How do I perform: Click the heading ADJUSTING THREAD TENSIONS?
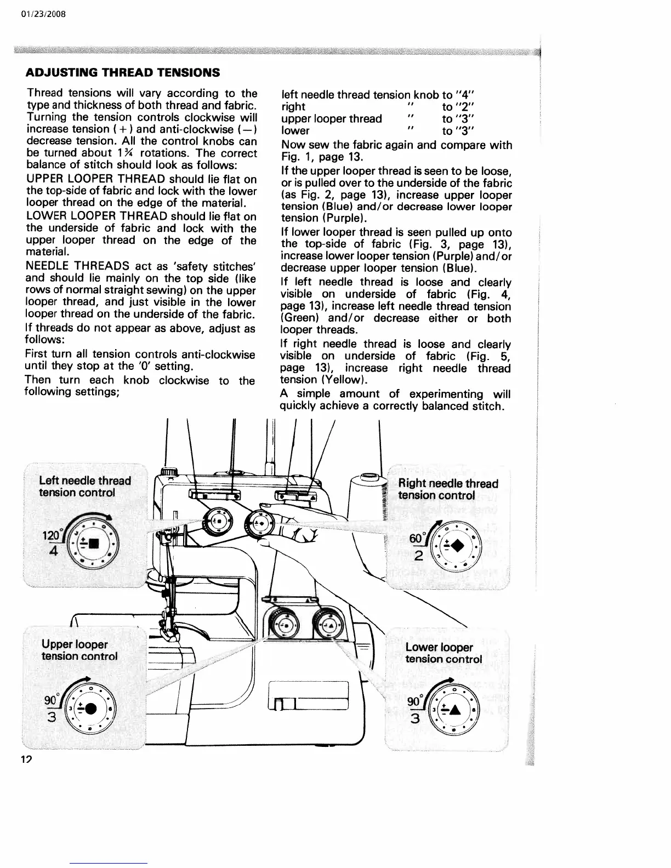pos(123,72)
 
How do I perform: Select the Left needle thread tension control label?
pos(85,487)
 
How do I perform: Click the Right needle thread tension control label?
pos(448,489)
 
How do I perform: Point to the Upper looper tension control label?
pos(79,650)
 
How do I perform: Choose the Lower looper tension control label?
pos(443,653)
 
